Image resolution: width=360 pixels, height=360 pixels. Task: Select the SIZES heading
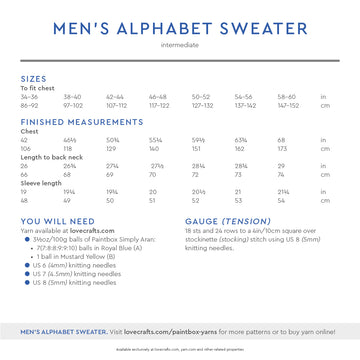(33, 78)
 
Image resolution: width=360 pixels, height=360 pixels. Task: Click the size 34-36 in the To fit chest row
(30, 97)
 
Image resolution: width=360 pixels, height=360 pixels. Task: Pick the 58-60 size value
(286, 97)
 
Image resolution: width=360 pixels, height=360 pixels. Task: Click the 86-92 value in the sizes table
(30, 105)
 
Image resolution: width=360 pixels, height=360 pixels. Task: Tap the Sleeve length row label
(41, 183)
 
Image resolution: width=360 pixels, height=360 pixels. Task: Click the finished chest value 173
(282, 148)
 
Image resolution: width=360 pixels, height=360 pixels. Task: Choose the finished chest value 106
(25, 148)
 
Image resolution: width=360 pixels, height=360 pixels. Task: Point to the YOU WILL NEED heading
(58, 220)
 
